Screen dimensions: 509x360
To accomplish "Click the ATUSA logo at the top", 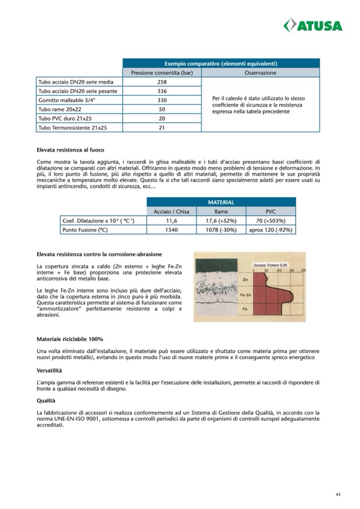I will point(313,25).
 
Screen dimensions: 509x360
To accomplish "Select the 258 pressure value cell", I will point(162,82).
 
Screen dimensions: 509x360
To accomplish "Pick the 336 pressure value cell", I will point(162,91).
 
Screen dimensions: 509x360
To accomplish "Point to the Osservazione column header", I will point(260,73).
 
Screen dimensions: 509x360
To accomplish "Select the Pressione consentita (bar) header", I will point(162,73).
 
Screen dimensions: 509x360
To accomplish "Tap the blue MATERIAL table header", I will point(221,202).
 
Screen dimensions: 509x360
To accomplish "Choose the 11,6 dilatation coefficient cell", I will point(171,220).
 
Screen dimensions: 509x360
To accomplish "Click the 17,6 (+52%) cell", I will point(220,220).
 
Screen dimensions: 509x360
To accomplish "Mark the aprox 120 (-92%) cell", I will point(270,230).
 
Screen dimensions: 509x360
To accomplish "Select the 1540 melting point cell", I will point(171,230).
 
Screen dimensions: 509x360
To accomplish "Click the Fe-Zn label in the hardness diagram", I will point(246,294).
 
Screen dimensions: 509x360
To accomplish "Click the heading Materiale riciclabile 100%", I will point(70,339).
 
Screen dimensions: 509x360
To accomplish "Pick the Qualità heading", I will point(47,401).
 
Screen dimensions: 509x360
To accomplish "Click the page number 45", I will point(338,494).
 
